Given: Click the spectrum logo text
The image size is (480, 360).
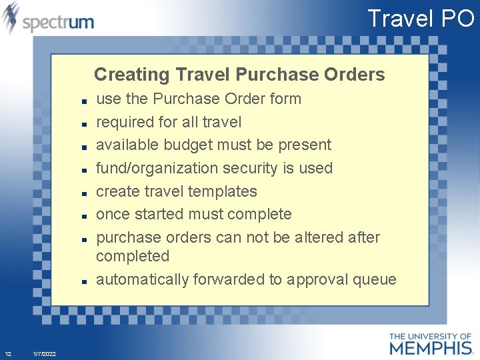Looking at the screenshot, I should click(x=58, y=22).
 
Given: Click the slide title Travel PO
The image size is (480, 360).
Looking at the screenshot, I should click(x=421, y=19).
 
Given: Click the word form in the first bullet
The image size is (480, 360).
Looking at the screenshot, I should click(x=285, y=99).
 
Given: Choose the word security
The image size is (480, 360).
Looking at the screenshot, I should click(x=257, y=168).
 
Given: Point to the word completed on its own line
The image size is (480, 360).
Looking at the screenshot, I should click(x=133, y=257).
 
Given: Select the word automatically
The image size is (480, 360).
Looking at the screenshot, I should click(x=143, y=280).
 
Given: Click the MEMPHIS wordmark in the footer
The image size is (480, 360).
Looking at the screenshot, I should click(x=431, y=347).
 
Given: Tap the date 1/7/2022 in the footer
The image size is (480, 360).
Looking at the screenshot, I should click(x=44, y=354).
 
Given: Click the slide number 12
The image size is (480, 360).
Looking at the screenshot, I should click(x=8, y=354).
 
